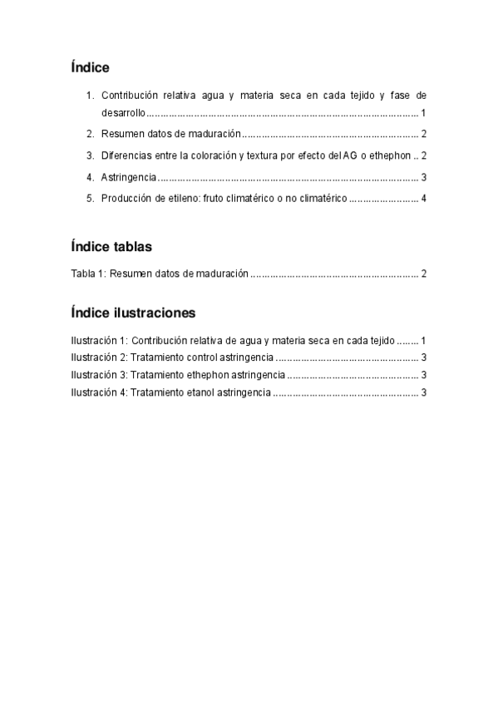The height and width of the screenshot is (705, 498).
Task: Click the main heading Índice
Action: click(91, 67)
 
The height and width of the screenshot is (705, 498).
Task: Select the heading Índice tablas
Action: click(111, 247)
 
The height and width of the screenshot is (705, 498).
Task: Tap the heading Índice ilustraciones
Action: click(133, 313)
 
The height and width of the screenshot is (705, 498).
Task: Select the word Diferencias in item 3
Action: click(126, 155)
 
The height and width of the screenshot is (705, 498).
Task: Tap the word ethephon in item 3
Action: click(389, 155)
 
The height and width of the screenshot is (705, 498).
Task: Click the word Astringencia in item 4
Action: click(128, 177)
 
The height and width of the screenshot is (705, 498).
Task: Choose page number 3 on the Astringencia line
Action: click(423, 177)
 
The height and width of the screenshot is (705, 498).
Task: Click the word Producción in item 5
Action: click(127, 199)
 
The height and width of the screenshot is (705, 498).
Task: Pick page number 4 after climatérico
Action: click(423, 199)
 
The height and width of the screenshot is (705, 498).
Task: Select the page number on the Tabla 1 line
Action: click(423, 274)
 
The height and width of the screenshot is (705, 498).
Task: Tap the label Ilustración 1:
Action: click(99, 340)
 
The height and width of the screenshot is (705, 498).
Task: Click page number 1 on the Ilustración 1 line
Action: click(423, 340)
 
